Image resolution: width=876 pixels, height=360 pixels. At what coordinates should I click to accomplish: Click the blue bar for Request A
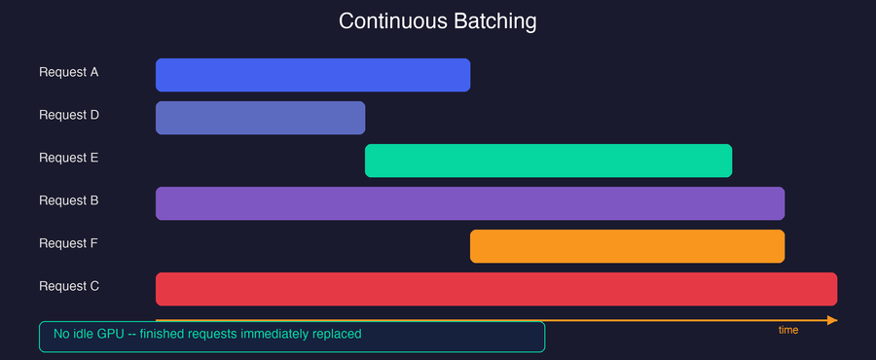pyautogui.click(x=312, y=75)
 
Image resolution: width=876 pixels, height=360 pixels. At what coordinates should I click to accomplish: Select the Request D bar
pyautogui.click(x=260, y=118)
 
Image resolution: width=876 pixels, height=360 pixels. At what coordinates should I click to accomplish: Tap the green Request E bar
pyautogui.click(x=548, y=161)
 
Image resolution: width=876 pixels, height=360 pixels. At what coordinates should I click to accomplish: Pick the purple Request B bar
pyautogui.click(x=470, y=203)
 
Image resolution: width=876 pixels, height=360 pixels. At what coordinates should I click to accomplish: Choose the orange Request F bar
pyautogui.click(x=627, y=246)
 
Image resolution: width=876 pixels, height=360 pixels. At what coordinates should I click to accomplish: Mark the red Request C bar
pyautogui.click(x=496, y=289)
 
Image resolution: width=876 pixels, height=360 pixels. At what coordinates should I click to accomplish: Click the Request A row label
pyautogui.click(x=68, y=72)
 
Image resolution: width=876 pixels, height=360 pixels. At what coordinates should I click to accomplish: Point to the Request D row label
pyautogui.click(x=68, y=115)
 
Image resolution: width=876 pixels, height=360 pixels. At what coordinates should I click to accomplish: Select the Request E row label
pyautogui.click(x=68, y=158)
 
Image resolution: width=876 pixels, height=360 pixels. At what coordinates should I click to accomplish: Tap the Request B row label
pyautogui.click(x=68, y=200)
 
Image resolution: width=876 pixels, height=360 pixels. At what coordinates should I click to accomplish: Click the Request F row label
pyautogui.click(x=68, y=243)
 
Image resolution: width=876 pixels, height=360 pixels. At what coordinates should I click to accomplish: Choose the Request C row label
pyautogui.click(x=68, y=286)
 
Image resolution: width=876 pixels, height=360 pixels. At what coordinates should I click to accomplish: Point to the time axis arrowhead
pyautogui.click(x=831, y=319)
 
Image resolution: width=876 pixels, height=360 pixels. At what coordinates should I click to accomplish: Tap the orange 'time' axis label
pyautogui.click(x=788, y=331)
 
